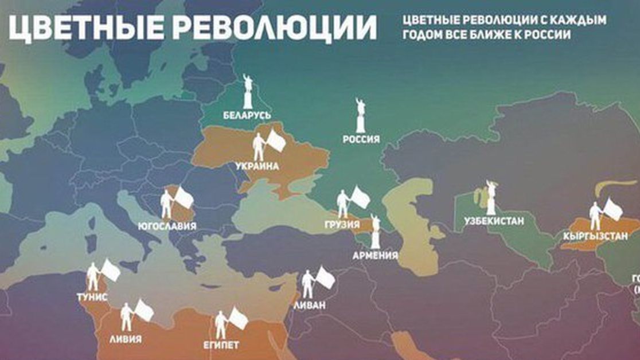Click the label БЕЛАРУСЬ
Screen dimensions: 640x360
(247, 116)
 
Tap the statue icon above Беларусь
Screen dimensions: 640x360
(248, 91)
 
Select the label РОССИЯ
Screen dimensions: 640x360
(361, 139)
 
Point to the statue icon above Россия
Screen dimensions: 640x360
(361, 115)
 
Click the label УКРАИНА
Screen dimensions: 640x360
(257, 166)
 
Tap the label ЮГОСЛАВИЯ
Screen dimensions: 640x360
(167, 226)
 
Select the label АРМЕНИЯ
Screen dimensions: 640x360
(376, 255)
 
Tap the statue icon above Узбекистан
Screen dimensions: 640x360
(491, 196)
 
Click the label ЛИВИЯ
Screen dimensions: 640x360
(125, 338)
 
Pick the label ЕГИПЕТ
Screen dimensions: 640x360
(221, 345)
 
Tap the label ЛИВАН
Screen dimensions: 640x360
(309, 305)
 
